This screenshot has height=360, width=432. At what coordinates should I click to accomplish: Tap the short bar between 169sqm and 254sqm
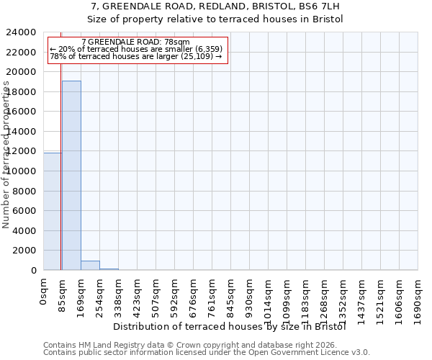[x=90, y=265]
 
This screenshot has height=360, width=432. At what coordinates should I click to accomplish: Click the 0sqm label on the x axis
[x=44, y=291]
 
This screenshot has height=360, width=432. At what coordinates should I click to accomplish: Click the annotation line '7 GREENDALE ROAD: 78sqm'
[x=136, y=42]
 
